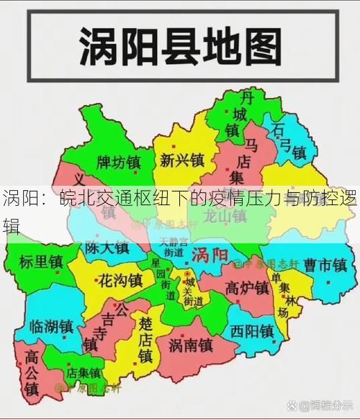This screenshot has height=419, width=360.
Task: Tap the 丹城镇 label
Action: click(232, 114)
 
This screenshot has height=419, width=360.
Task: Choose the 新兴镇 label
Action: click(182, 159)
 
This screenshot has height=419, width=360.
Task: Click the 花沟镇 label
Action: click(120, 280)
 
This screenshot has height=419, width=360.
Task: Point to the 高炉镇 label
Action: click(246, 289)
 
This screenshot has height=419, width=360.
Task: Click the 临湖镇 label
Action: click(51, 326)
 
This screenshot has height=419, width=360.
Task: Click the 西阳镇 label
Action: click(252, 332)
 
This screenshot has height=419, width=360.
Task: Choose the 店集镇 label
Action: click(84, 373)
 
